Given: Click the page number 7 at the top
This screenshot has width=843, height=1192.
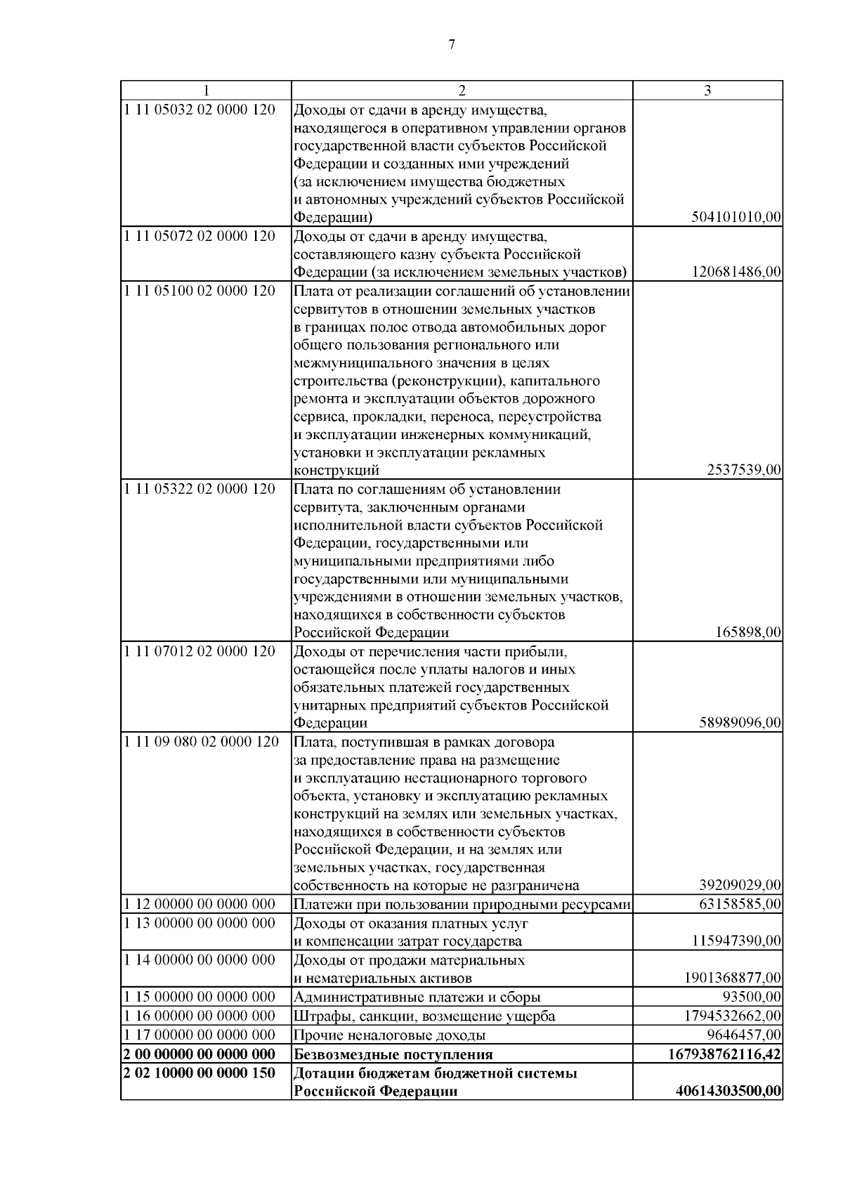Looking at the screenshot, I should coord(451,45).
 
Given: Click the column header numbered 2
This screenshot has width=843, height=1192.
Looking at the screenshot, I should coord(462,91).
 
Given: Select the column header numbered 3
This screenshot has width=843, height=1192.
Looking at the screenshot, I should coord(707,91).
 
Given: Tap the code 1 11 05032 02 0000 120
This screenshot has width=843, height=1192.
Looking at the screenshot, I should coord(199,110).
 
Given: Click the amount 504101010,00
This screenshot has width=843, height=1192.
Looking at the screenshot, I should coord(736,218).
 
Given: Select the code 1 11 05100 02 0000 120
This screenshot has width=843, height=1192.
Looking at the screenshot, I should coord(199,290).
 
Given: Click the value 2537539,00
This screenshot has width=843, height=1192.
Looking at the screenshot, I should coord(744,470).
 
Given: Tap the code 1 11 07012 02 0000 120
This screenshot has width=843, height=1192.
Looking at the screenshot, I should coord(199,650).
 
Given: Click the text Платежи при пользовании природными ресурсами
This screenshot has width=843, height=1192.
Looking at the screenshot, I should coord(462,904).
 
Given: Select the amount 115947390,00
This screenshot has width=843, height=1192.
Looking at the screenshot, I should coord(736,941).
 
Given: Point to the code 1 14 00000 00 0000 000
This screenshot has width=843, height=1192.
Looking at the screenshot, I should coord(199,960).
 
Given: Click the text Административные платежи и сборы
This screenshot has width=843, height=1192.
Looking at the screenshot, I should coord(417,997).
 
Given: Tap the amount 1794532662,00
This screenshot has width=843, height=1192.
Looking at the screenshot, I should coord(733,1016).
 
